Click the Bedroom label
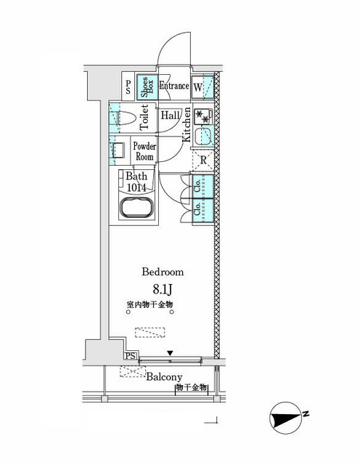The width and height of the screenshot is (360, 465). pyautogui.click(x=162, y=272)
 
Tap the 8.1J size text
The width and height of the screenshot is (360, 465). pyautogui.click(x=163, y=290)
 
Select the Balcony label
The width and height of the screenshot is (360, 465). pyautogui.click(x=164, y=377)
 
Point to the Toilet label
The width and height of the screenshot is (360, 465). pyautogui.click(x=144, y=116)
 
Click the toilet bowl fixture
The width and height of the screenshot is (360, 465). pyautogui.click(x=124, y=116)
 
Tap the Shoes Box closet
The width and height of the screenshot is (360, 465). pyautogui.click(x=147, y=88)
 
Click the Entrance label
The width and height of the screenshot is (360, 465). pyautogui.click(x=174, y=86)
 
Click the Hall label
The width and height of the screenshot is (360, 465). pyautogui.click(x=171, y=116)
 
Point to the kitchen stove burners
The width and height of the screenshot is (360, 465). pyautogui.click(x=204, y=116)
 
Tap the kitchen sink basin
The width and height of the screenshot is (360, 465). pyautogui.click(x=203, y=136)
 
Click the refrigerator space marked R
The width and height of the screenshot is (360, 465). pyautogui.click(x=204, y=161)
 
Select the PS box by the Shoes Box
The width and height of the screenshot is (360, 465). pyautogui.click(x=128, y=88)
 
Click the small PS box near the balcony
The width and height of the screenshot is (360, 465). pyautogui.click(x=131, y=356)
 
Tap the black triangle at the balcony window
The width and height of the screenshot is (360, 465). pyautogui.click(x=170, y=354)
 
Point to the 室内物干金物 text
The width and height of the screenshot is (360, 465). pyautogui.click(x=149, y=306)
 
